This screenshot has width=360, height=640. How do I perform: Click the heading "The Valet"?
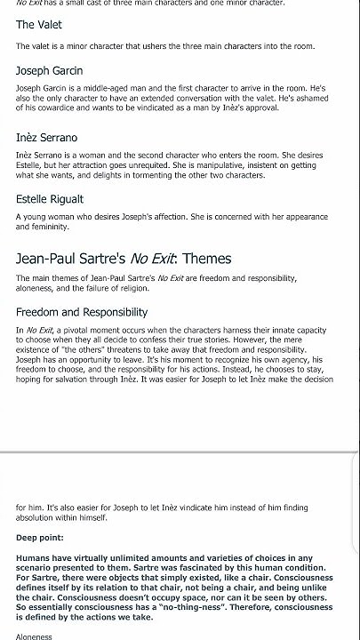[39, 25]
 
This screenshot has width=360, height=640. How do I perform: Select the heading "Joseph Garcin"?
[50, 70]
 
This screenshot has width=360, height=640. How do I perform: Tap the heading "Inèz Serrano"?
[47, 138]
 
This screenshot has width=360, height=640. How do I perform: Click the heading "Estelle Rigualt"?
[50, 199]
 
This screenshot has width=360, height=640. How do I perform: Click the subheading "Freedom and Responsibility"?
[82, 312]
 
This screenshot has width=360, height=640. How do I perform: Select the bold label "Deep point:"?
[40, 538]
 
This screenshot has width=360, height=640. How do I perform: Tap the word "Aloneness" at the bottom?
[35, 636]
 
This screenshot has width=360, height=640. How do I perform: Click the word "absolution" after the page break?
[37, 518]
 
